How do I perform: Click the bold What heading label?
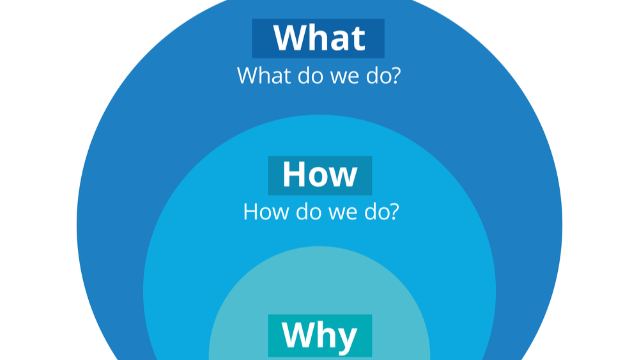click(318, 38)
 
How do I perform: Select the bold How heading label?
click(320, 175)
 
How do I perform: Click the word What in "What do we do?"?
click(265, 75)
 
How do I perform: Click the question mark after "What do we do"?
click(395, 75)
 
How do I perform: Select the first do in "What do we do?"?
click(311, 75)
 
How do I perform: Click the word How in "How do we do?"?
click(266, 212)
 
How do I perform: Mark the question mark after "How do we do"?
click(393, 212)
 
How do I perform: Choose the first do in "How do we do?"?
click(309, 212)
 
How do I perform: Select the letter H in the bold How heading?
click(293, 175)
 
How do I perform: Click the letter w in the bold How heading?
click(343, 178)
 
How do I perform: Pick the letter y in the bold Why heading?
click(346, 339)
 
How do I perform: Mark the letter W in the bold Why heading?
click(296, 334)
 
